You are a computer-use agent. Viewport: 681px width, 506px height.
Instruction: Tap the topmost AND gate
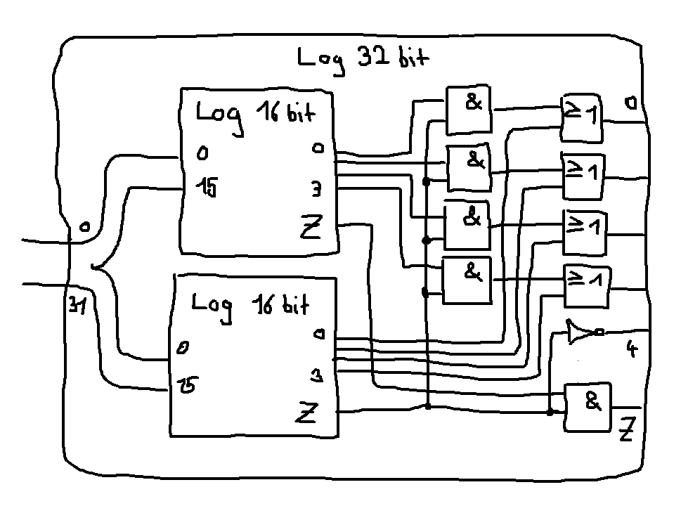[469, 110]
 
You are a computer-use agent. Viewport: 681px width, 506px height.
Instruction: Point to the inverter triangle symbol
[582, 332]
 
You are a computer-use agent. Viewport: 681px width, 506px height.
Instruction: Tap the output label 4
[631, 349]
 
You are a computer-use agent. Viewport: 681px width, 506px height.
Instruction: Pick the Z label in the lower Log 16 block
[306, 414]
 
